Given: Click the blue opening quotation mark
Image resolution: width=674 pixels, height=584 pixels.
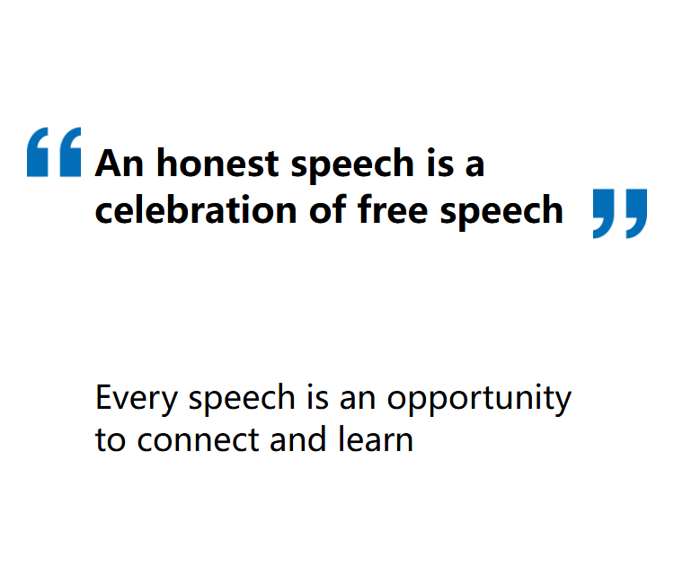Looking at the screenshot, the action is [x=54, y=152].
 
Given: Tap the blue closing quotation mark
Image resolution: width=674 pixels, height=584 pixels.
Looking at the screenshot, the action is [x=620, y=214].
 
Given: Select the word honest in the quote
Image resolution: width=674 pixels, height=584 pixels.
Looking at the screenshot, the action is [x=218, y=163].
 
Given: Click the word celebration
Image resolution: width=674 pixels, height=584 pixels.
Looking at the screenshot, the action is [x=196, y=209].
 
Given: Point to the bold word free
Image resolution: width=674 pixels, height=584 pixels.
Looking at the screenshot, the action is [x=393, y=209].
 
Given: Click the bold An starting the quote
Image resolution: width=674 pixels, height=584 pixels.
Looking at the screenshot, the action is [x=119, y=163].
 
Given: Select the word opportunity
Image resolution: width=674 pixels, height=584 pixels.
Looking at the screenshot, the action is [x=479, y=400].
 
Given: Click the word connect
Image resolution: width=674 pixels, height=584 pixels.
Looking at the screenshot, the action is [x=199, y=440].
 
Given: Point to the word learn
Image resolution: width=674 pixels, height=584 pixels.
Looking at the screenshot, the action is [x=376, y=439].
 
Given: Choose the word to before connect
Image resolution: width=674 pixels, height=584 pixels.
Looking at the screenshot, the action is [x=111, y=440].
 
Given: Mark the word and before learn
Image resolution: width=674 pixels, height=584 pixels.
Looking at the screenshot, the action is [x=297, y=439].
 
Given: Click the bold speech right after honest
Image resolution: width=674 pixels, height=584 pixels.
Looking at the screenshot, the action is [x=352, y=164].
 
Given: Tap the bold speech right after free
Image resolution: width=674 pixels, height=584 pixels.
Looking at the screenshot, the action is [x=501, y=210].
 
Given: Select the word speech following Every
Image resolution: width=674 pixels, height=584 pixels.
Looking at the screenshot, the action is [x=242, y=400].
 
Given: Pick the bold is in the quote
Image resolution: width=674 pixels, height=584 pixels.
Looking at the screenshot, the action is [x=440, y=163].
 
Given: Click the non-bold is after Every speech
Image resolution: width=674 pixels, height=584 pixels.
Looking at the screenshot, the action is [x=317, y=397].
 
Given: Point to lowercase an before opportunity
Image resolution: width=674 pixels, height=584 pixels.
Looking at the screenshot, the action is [x=358, y=400].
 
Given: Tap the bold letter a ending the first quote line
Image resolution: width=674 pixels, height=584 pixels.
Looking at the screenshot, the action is [x=475, y=165].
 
